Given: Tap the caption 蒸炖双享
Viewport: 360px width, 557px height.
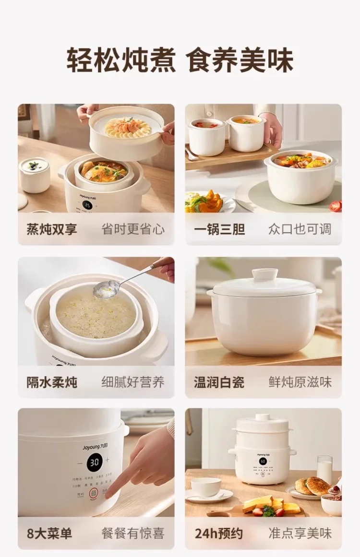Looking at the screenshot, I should (x=51, y=229).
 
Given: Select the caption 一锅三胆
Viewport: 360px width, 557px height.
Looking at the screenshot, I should (x=219, y=229).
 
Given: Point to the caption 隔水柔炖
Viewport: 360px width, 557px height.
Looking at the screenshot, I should (x=51, y=382).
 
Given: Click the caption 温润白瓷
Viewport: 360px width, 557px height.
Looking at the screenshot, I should (x=219, y=382).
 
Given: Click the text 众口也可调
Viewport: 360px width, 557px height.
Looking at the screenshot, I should (x=300, y=229).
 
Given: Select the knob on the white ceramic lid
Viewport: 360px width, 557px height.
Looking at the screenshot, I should (x=265, y=274).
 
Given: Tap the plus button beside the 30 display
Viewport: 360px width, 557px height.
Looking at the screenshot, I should (x=107, y=460).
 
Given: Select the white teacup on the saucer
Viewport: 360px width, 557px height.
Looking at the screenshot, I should (x=206, y=487).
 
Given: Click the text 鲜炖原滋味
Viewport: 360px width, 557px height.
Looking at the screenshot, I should (x=300, y=382).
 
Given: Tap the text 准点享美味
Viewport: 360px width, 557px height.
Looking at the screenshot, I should (x=300, y=533).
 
